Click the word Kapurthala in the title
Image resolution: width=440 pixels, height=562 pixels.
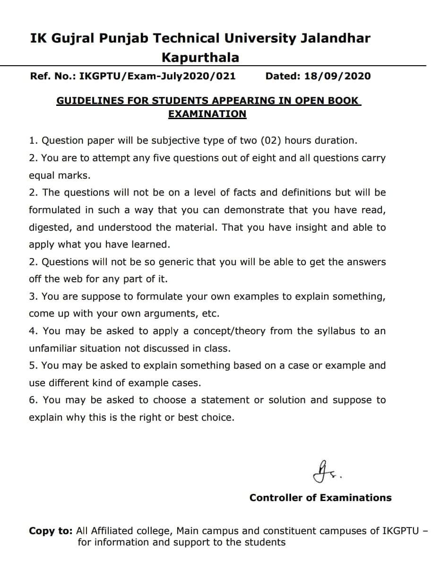(200, 58)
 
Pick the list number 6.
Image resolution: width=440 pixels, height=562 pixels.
(32, 400)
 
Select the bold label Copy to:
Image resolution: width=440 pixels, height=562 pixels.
(51, 530)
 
